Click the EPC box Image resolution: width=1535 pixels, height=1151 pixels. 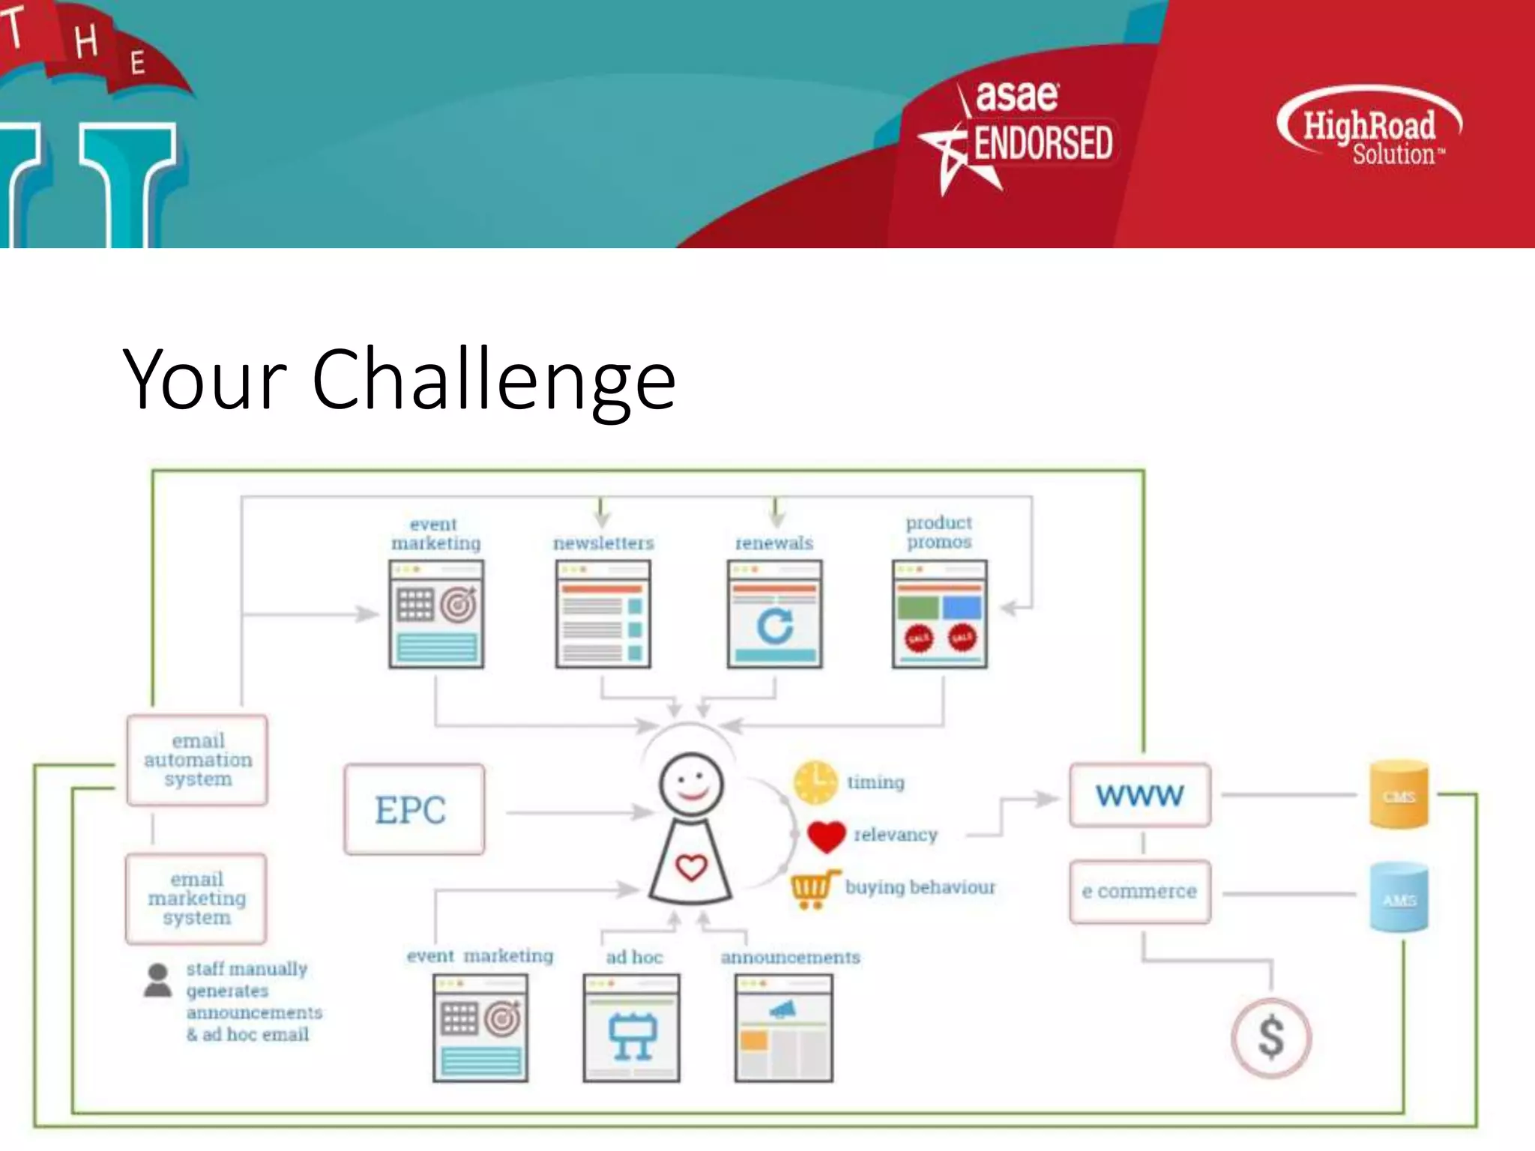click(414, 809)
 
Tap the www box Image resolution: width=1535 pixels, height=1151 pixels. click(1139, 795)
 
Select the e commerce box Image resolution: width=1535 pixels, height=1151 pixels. click(1139, 892)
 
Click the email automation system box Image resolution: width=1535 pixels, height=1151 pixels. click(197, 760)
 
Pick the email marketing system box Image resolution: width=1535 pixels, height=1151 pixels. click(196, 898)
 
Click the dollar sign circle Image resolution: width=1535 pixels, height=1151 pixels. click(1271, 1038)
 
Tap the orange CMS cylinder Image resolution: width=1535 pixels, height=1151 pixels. click(1399, 795)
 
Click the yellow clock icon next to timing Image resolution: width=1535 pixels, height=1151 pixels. click(815, 782)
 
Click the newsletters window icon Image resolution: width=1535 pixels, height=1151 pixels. click(603, 614)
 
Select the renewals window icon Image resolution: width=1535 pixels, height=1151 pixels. click(774, 614)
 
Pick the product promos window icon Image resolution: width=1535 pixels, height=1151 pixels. click(939, 614)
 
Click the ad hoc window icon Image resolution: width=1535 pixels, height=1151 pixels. click(631, 1027)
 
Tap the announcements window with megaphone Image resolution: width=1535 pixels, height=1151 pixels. click(783, 1027)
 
